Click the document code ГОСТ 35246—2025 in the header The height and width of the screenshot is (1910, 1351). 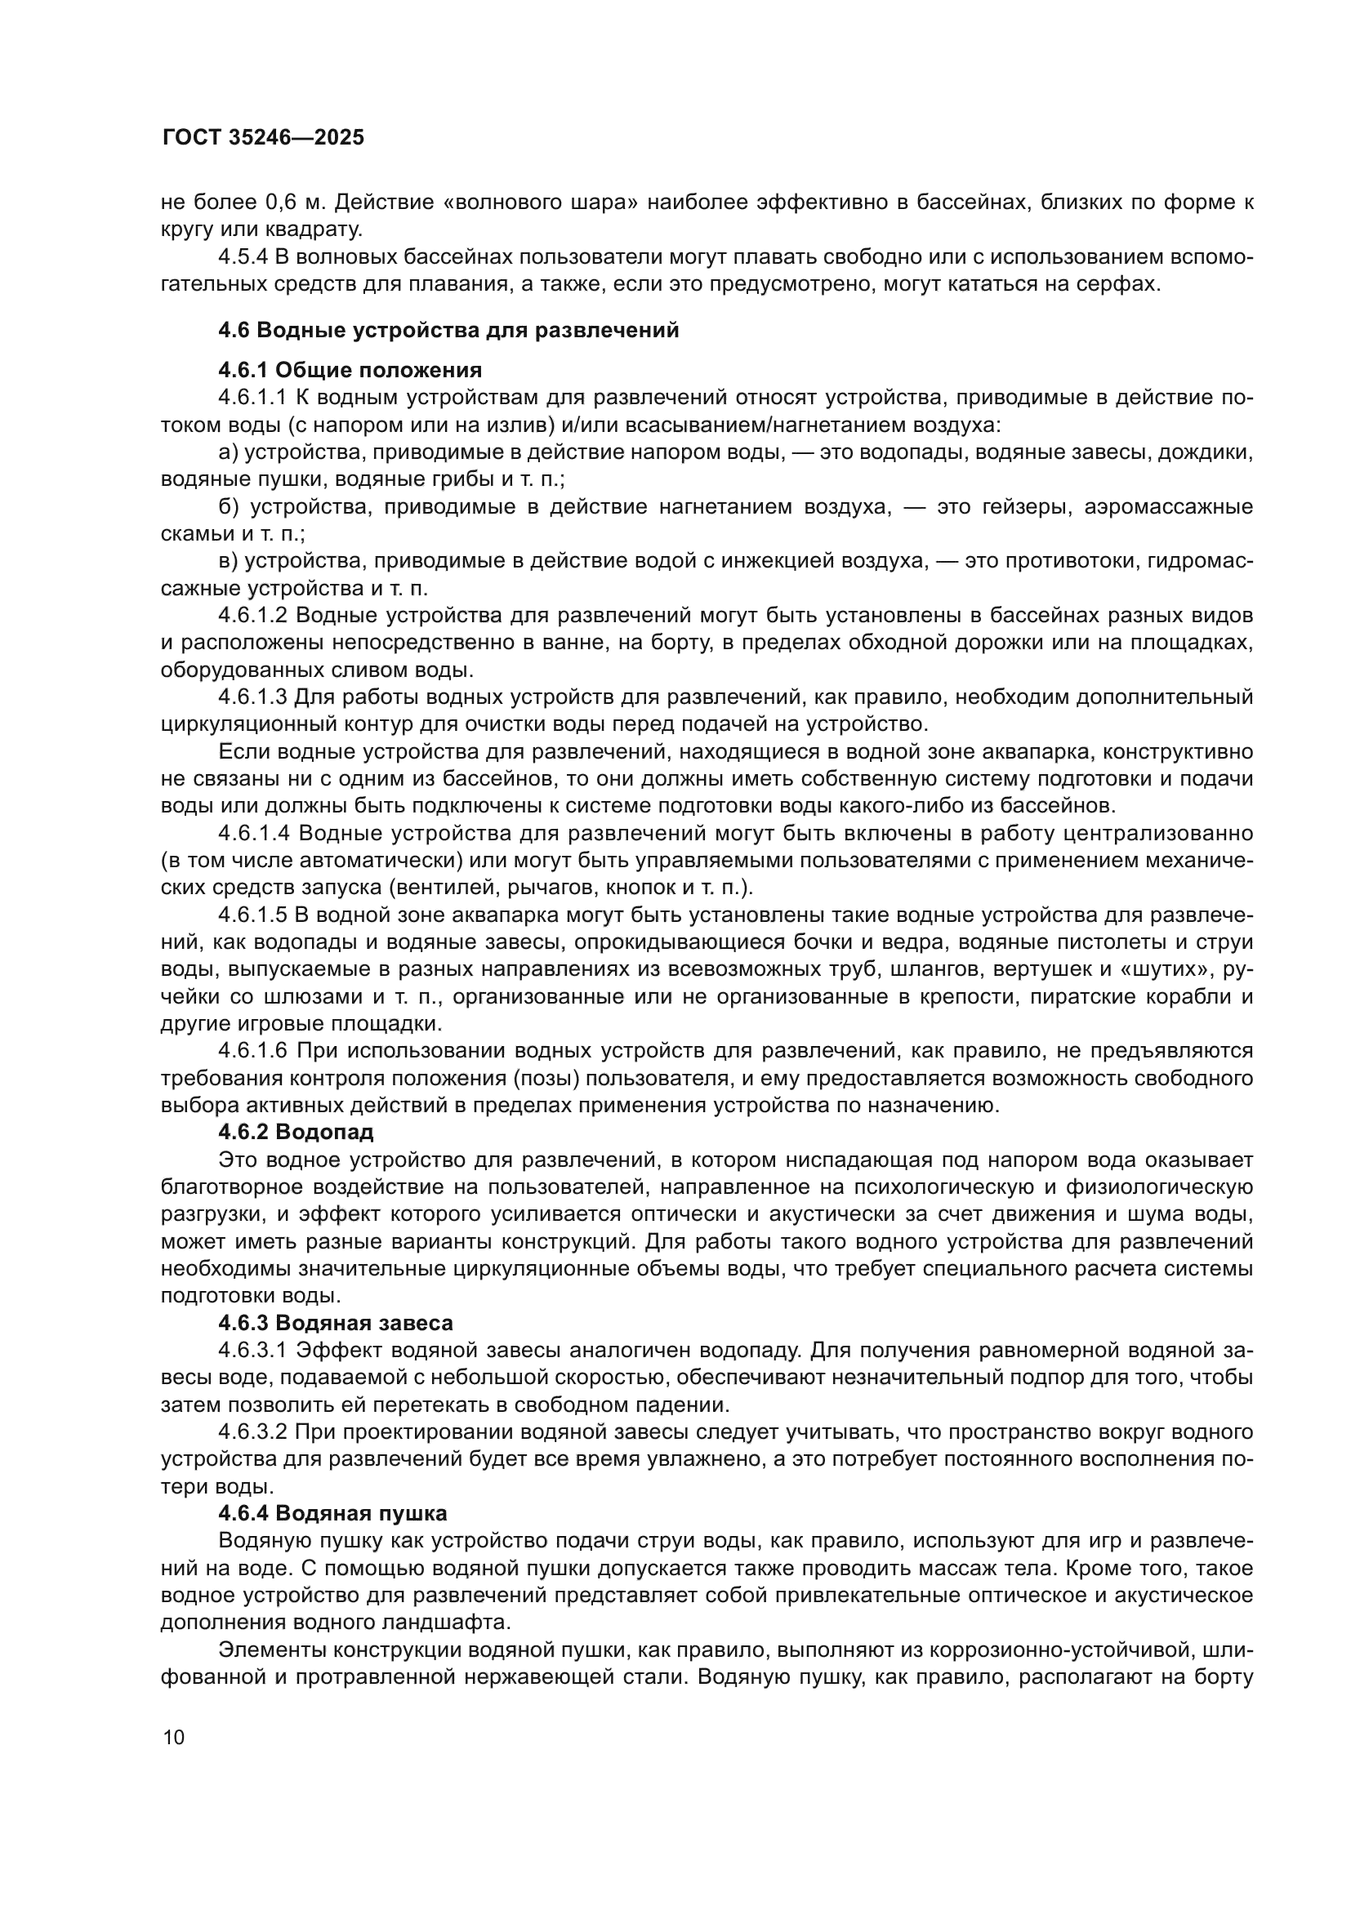[263, 138]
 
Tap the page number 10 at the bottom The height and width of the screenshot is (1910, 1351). [174, 1736]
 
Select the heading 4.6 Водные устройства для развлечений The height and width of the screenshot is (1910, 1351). [448, 330]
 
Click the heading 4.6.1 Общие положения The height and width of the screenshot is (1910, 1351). [350, 370]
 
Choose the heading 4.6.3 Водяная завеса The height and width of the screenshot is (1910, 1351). [335, 1323]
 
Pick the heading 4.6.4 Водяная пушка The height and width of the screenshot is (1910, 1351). [332, 1512]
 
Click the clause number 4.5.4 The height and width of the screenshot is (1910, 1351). [243, 257]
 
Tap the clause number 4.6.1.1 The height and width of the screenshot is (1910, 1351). [252, 398]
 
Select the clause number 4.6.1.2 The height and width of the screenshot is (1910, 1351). [253, 616]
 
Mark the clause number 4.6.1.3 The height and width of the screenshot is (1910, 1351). [253, 697]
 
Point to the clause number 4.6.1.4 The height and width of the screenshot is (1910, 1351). [253, 834]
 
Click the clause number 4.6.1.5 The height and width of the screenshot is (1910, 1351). [253, 915]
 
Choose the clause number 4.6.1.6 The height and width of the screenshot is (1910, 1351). [253, 1052]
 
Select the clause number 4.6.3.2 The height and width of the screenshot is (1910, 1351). [253, 1431]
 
